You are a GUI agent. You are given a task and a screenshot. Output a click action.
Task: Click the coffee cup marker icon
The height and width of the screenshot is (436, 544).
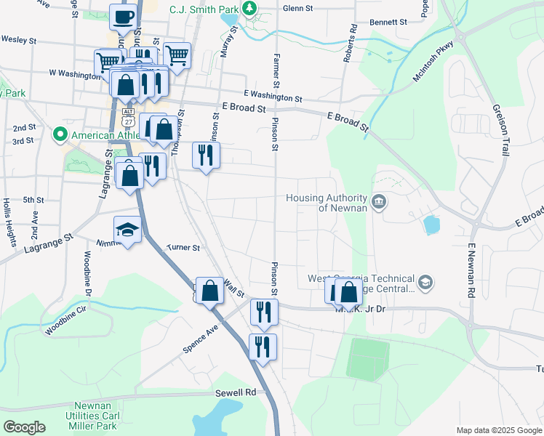pos(123,17)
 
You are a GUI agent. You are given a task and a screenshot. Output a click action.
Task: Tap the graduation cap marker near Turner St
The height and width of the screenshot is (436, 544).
pos(127,230)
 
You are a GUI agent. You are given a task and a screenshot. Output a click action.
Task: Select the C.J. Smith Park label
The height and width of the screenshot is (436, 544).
pos(204,9)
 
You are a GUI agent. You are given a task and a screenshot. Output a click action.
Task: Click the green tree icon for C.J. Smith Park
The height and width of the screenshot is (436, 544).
pos(249,9)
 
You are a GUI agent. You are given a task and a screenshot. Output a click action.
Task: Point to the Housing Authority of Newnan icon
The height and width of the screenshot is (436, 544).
pos(378,202)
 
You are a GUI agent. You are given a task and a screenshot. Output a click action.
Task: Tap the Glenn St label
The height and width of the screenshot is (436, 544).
pos(297,8)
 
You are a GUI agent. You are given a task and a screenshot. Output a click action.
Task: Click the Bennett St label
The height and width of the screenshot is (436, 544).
pos(388,22)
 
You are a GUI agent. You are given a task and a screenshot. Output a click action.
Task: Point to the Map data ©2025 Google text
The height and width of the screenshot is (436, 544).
pos(498,430)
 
